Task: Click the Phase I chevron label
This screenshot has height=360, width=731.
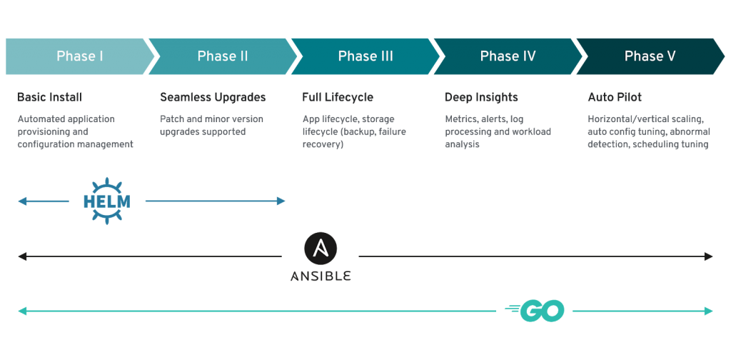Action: coord(79,56)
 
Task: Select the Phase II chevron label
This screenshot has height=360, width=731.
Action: coord(222,56)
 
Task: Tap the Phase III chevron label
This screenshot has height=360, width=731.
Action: coord(365,56)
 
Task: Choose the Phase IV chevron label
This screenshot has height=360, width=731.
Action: coord(508,56)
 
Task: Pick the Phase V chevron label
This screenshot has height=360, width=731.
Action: coord(650,56)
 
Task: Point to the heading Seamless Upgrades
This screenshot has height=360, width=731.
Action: coord(213,97)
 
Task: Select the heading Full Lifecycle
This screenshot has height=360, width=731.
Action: coord(338,97)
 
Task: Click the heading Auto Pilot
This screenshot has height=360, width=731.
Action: coord(615,97)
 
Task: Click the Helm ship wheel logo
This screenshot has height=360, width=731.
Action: coord(107,201)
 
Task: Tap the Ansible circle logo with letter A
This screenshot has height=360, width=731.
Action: coord(321,248)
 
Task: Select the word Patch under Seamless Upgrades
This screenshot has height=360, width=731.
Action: coord(172,119)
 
